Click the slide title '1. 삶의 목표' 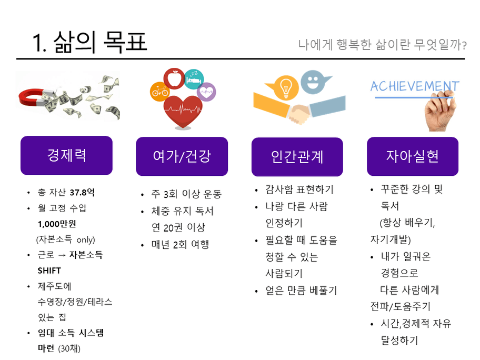pos(89,42)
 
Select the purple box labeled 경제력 pos(66,155)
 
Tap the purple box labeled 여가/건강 pos(182,156)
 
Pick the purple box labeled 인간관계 pos(297,157)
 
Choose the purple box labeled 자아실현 pos(413,156)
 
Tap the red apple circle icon pos(174,78)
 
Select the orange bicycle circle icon pos(160,91)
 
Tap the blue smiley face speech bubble pos(314,82)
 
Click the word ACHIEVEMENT pos(415,86)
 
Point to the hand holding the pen pos(439,112)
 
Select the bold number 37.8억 pos(82,192)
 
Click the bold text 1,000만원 pos(57,224)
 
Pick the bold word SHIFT pos(49,271)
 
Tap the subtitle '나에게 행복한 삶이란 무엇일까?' pos(383,45)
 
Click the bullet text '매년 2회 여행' pos(181,244)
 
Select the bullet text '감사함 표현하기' pos(299,189)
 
